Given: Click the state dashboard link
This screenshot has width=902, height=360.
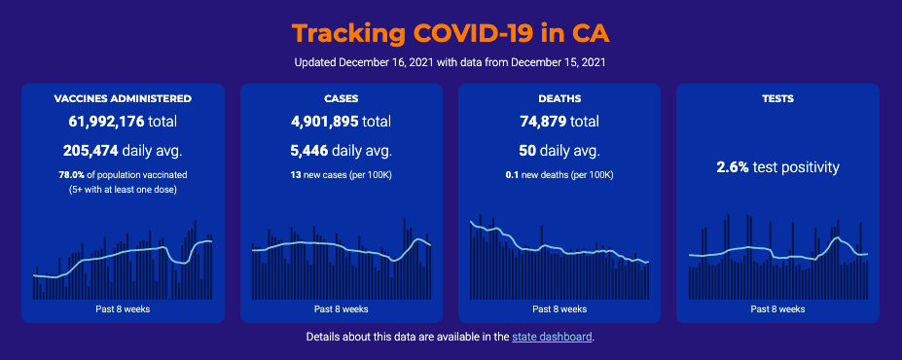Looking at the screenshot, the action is [552, 337].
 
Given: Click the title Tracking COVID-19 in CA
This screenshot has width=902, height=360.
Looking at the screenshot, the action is [451, 33].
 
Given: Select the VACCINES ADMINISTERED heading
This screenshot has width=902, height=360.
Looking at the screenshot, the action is [124, 98].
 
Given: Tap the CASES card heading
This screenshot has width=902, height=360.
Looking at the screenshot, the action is [342, 98].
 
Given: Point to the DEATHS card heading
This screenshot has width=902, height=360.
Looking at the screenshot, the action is [559, 98].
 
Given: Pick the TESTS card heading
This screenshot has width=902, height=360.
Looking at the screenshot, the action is [777, 98].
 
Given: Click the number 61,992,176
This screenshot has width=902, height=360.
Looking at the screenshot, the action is [106, 122].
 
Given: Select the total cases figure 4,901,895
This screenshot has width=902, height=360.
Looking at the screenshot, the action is [325, 122].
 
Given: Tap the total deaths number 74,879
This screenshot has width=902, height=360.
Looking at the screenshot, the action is [544, 122].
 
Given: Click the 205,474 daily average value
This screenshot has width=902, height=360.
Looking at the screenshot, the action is [90, 151].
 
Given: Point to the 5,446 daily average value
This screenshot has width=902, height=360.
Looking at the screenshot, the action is [309, 151].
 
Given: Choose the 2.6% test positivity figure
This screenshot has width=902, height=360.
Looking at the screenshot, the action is [733, 167].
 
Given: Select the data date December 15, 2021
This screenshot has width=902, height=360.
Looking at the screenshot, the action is [558, 62].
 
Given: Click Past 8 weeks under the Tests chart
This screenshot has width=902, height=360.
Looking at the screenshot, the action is [777, 308].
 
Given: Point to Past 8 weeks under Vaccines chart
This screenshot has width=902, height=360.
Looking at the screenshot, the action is [124, 308].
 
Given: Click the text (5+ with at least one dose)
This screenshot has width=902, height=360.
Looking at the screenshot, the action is [124, 190].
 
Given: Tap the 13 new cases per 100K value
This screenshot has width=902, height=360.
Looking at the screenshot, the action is [295, 174].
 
